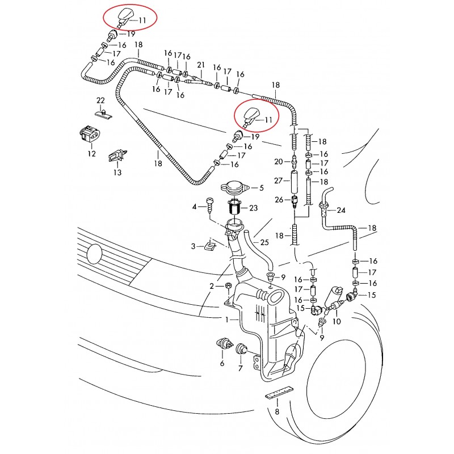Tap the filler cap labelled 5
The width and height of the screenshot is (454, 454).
(233, 187)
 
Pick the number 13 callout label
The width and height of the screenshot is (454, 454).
(116, 173)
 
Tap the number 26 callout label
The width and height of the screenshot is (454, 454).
(278, 199)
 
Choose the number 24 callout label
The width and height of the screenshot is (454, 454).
(340, 210)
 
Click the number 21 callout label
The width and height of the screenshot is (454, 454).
(200, 65)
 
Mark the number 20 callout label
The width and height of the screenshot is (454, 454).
(278, 162)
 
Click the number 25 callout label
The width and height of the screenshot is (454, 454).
(264, 242)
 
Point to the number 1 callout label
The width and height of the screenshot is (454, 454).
(228, 320)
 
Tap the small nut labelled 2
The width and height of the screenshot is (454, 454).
(228, 285)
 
